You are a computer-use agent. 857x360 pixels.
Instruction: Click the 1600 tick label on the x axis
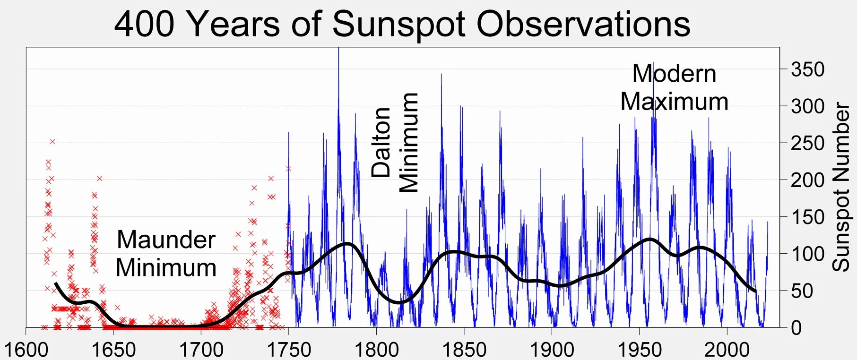click(x=26, y=350)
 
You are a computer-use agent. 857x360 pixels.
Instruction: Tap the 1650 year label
click(x=113, y=350)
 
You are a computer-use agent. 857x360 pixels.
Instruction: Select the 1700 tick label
click(x=201, y=350)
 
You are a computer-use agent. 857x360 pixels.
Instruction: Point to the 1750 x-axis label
click(x=289, y=350)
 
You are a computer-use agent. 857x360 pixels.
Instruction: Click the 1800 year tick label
click(x=376, y=350)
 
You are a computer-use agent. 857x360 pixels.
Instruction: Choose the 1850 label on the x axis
click(x=464, y=350)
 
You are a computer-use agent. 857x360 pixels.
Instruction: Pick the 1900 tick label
click(x=552, y=350)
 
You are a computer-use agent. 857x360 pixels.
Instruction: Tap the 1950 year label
click(x=640, y=350)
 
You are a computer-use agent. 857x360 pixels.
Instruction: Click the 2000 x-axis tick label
click(x=727, y=350)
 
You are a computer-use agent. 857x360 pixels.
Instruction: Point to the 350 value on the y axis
click(x=807, y=70)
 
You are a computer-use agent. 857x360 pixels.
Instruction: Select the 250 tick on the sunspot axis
click(x=807, y=143)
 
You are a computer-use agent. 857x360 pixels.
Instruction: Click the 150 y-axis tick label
click(x=807, y=217)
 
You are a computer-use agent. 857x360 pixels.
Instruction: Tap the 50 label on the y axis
click(x=802, y=291)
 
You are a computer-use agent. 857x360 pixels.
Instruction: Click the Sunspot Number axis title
click(x=841, y=187)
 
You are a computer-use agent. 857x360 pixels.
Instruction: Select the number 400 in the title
click(x=145, y=25)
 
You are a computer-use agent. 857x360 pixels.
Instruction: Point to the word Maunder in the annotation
click(x=166, y=240)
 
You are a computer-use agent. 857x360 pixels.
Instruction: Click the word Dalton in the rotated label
click(x=381, y=142)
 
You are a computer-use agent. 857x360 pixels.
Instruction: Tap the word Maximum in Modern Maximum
click(x=674, y=102)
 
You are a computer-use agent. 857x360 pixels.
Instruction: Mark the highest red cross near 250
click(x=52, y=141)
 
